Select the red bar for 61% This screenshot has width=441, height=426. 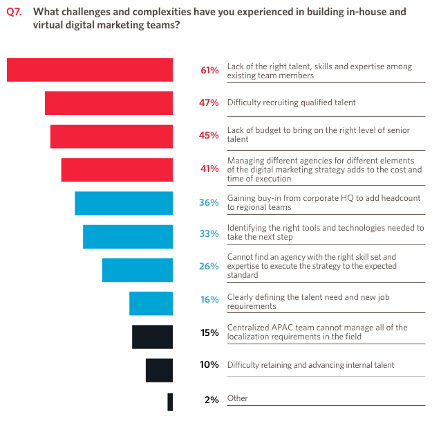pos(90,70)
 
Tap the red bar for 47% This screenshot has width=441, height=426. pos(109,103)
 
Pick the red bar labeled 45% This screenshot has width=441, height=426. pos(111,136)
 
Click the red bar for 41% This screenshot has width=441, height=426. pos(117,170)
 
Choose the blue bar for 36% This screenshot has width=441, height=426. pos(124,203)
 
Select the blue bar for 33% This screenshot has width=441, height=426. pos(128,236)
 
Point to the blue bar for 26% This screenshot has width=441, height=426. pos(138,270)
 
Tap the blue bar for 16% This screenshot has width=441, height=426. pos(151,303)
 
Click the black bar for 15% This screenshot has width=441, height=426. pos(152,337)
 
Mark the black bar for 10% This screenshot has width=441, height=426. pos(159,370)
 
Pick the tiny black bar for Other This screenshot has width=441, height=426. pos(170,402)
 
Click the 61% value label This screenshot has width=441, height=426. pos(209,70)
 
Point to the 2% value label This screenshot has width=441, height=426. pos(212,400)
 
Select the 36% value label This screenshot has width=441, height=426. pos(209,203)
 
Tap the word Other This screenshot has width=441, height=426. pos(237,398)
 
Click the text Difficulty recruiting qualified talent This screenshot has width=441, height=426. pos(291,103)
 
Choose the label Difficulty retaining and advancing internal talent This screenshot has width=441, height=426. pos(310,365)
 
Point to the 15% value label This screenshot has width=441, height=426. pos(209,332)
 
